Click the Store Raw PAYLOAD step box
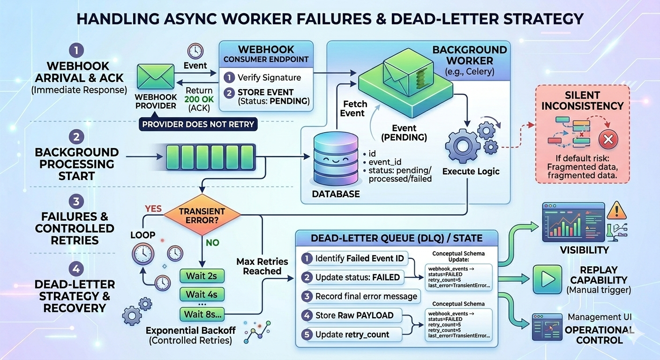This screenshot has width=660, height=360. [352, 315]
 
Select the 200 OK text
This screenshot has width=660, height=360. [199, 99]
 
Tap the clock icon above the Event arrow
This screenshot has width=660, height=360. [195, 51]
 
